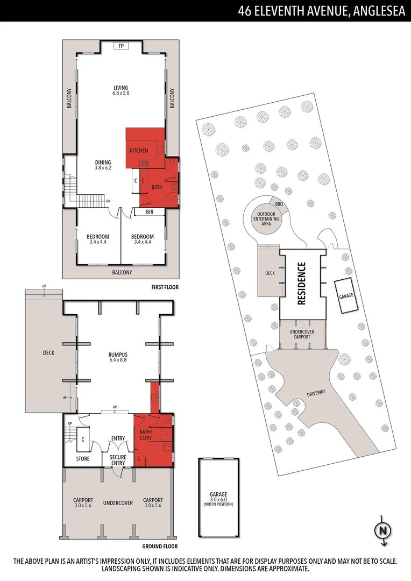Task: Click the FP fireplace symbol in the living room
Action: pos(121,46)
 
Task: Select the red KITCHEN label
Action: pos(138,151)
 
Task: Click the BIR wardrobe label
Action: pos(150,212)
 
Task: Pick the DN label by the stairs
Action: pos(108,202)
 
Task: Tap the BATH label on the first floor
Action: pos(157,187)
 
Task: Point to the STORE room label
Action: pos(83,459)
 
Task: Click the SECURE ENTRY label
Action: pos(118,460)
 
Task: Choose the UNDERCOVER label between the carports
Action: pos(118,503)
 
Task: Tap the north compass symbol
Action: pos(382,530)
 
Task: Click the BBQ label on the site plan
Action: pos(279,204)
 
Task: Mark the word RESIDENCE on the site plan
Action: pos(302,283)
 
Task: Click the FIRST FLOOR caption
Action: pos(165,287)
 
